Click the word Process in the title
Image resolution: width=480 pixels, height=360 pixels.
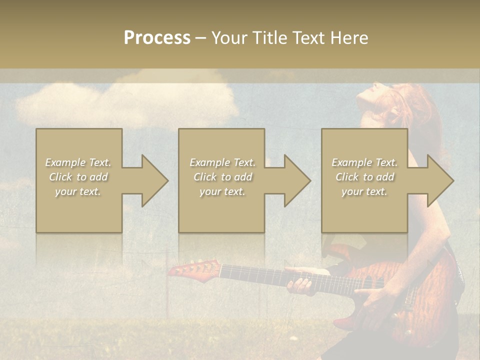click(x=157, y=38)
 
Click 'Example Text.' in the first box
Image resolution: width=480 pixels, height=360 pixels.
click(x=78, y=162)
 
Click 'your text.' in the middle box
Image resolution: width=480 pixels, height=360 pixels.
click(x=222, y=191)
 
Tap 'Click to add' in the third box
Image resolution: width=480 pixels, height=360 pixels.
click(x=364, y=177)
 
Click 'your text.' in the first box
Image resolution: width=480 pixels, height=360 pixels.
click(x=78, y=191)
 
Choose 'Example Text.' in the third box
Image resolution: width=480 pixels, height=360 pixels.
click(x=364, y=162)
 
